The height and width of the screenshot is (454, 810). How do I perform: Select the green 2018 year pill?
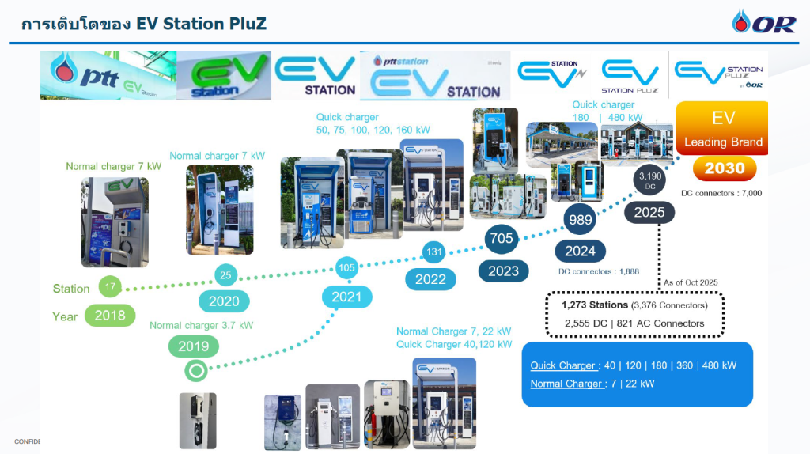click(x=110, y=316)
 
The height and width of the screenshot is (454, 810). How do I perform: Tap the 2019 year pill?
click(x=193, y=346)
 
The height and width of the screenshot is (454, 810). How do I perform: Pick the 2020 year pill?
click(x=224, y=301)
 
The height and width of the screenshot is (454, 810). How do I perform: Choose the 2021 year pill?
click(x=346, y=297)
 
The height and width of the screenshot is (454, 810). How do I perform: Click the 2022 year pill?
click(x=430, y=279)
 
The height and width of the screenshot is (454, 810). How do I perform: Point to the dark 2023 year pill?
click(x=503, y=271)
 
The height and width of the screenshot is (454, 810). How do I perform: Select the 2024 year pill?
click(x=580, y=252)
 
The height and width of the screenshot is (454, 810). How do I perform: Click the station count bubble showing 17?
click(x=110, y=288)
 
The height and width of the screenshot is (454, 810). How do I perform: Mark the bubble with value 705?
click(x=502, y=238)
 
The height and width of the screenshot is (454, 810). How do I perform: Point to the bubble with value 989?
click(x=581, y=220)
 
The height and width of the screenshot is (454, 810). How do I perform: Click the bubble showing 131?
click(x=433, y=252)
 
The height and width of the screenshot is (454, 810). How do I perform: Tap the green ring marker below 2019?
click(x=195, y=369)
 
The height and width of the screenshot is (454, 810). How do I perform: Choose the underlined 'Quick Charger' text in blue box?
click(x=562, y=365)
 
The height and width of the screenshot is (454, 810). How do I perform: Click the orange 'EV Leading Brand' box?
click(x=723, y=129)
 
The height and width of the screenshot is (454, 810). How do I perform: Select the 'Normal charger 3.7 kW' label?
click(x=201, y=325)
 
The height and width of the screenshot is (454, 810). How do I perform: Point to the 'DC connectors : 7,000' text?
click(x=721, y=193)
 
